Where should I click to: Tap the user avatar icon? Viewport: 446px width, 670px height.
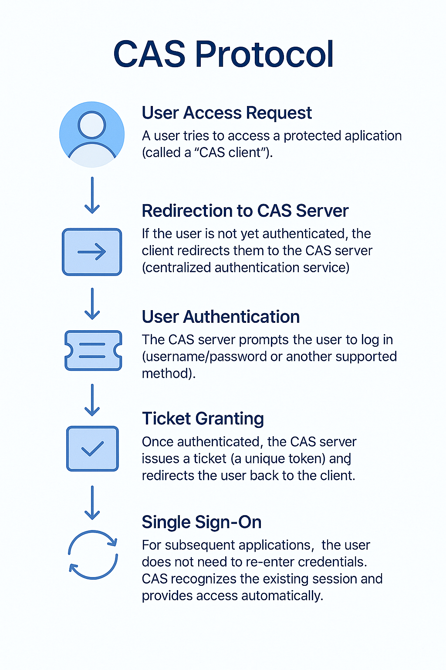pos(92,134)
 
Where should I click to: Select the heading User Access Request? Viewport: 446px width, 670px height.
pos(226,113)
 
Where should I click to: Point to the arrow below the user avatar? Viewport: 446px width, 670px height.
pos(92,195)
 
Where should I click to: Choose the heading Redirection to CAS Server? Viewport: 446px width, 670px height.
pos(245,211)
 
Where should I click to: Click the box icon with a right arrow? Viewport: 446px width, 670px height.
pos(92,252)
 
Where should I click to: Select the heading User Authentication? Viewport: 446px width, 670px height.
pos(221,317)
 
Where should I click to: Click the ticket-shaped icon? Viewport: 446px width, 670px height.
pos(93,351)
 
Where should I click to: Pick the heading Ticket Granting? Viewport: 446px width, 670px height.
pos(203,419)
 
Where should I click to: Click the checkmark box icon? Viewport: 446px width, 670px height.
pos(92,448)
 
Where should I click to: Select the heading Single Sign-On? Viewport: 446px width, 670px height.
pos(202,522)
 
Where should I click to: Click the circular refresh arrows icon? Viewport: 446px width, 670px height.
pos(93,554)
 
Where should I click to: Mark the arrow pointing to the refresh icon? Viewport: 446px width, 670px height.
pos(92,502)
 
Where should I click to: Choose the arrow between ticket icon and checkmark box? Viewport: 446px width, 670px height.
pos(92,400)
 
